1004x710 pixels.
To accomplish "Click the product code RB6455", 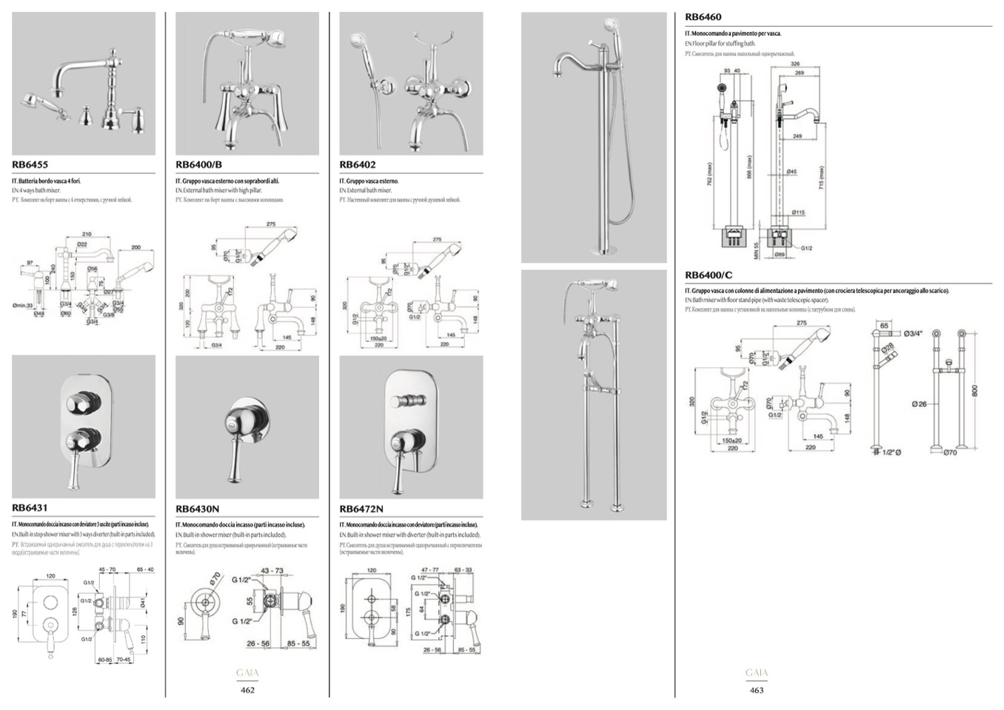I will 30,165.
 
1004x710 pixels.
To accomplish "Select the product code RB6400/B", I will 198,165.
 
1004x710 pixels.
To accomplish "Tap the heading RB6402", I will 358,165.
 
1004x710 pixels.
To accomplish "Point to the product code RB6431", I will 30,508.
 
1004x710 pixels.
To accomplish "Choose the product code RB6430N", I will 197,509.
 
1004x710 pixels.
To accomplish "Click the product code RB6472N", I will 361,509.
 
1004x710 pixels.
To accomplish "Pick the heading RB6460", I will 703,17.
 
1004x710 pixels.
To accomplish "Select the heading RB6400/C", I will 709,275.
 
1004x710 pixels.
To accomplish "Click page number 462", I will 247,690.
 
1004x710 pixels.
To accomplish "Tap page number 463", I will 756,690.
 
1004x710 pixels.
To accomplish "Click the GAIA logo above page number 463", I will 757,673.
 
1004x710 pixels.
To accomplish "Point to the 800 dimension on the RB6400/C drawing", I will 975,389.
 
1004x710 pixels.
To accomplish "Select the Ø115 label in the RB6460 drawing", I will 797,212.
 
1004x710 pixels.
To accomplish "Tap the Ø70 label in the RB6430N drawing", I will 215,578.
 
